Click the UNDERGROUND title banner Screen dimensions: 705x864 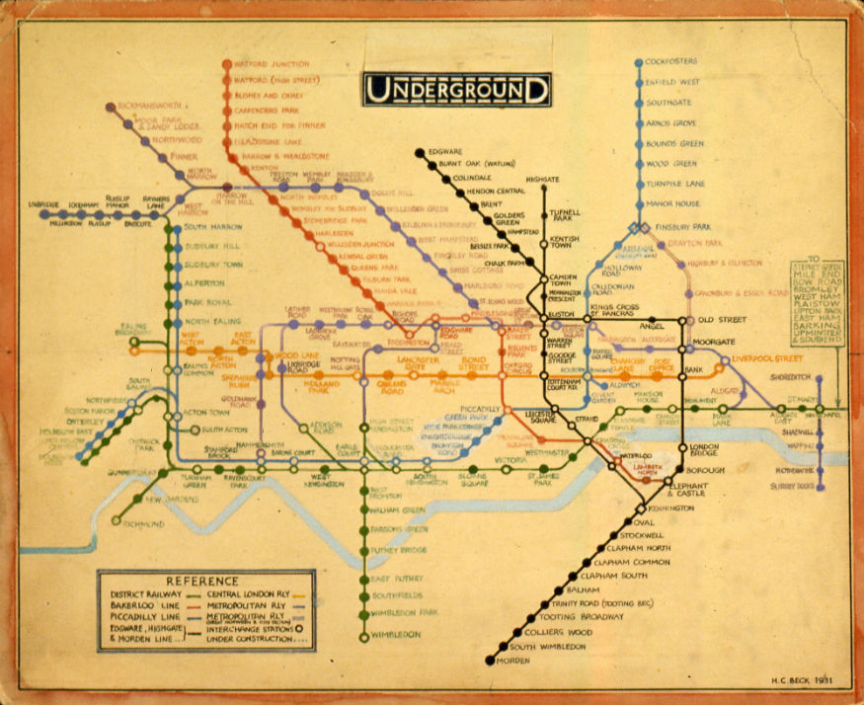click(456, 90)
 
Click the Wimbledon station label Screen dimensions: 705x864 click(396, 634)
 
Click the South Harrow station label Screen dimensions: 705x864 click(209, 228)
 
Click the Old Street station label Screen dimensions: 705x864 click(719, 321)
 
